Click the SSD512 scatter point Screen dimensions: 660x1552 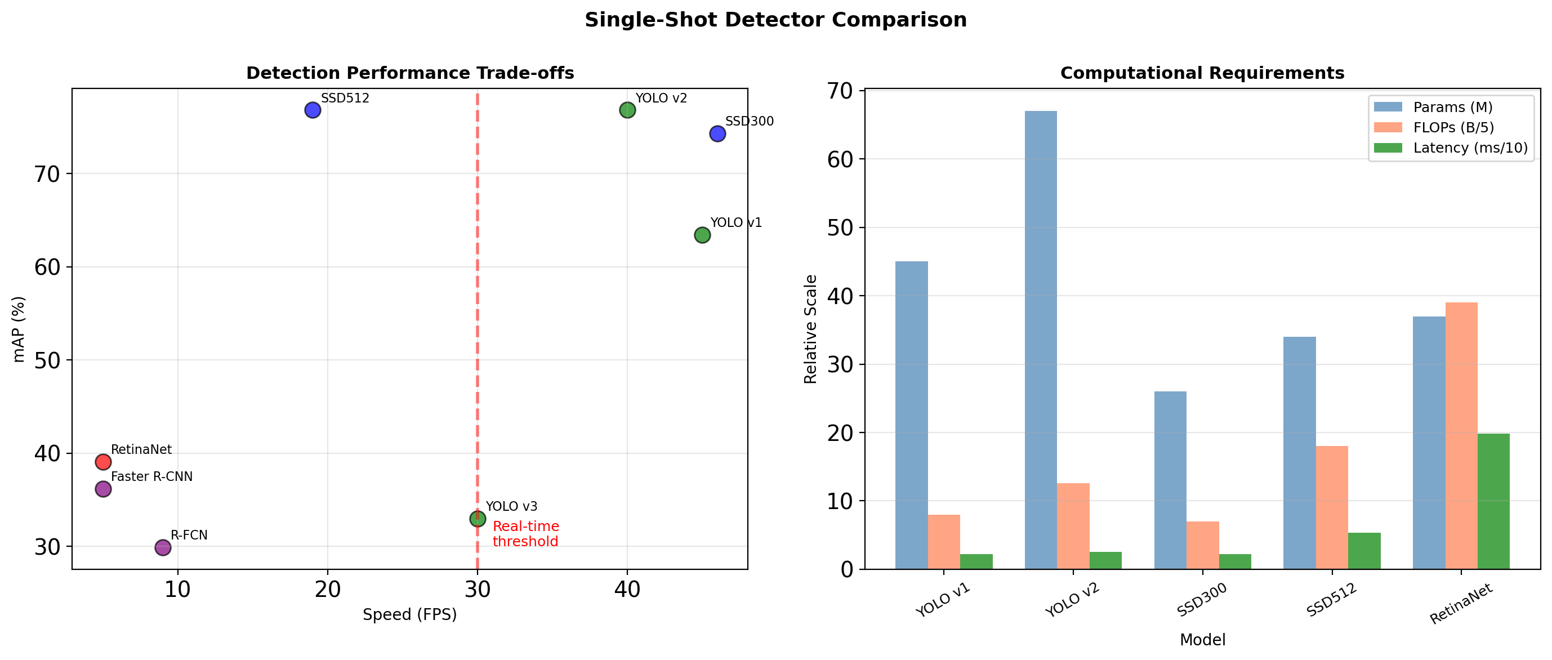pyautogui.click(x=312, y=110)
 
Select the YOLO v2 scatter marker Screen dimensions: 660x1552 pyautogui.click(x=627, y=110)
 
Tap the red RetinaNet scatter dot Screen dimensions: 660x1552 pyautogui.click(x=103, y=462)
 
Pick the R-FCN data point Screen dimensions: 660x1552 pyautogui.click(x=163, y=547)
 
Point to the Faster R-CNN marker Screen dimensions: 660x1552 pyautogui.click(x=103, y=489)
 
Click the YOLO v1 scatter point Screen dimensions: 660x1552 pyautogui.click(x=702, y=235)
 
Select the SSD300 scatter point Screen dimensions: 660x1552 pyautogui.click(x=717, y=134)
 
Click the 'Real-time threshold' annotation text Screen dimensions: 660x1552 pyautogui.click(x=525, y=534)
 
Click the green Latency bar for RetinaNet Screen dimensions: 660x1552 pyautogui.click(x=1493, y=501)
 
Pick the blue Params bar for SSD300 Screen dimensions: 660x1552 pyautogui.click(x=1170, y=480)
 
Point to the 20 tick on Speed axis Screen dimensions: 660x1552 pyautogui.click(x=328, y=590)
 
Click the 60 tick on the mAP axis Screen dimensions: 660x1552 pyautogui.click(x=47, y=267)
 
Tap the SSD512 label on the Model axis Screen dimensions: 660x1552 pyautogui.click(x=1331, y=600)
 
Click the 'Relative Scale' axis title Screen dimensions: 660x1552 pyautogui.click(x=810, y=329)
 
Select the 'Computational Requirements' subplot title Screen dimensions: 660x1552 pyautogui.click(x=1202, y=73)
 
